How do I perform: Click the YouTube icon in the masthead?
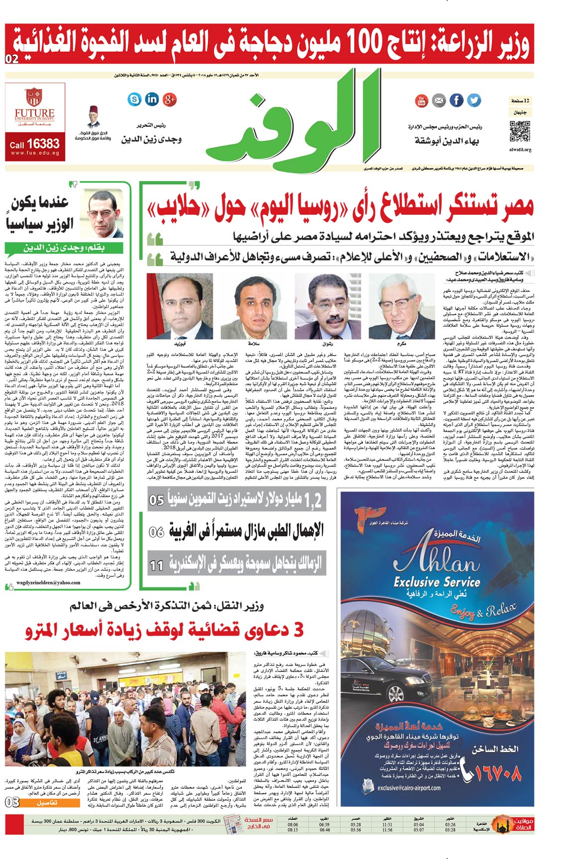(421, 101)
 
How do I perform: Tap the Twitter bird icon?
(474, 100)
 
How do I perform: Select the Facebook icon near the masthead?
(456, 100)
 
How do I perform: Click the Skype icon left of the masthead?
(134, 99)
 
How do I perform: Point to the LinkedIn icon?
(152, 99)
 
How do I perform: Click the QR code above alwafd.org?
(520, 132)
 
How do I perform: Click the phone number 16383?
(43, 144)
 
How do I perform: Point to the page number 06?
(156, 532)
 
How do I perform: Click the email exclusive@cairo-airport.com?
(409, 788)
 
